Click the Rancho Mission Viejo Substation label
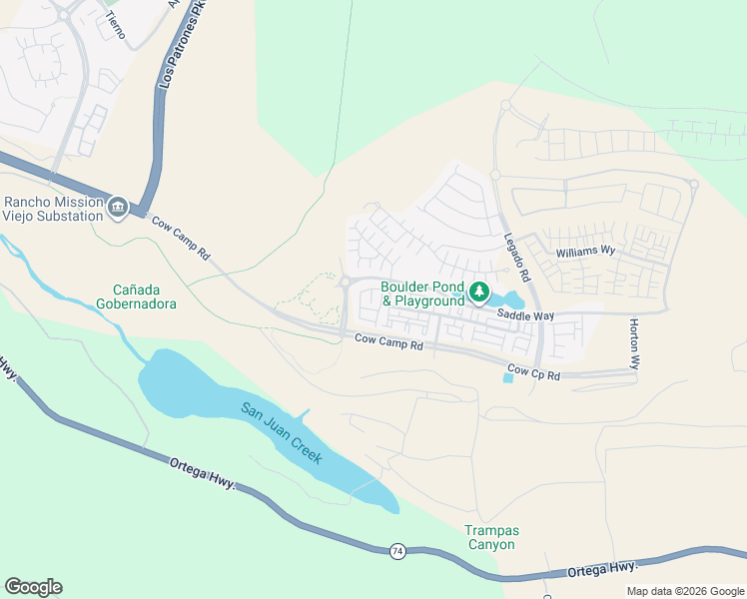52,208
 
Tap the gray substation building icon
118,207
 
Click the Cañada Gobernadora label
137,297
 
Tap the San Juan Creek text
282,432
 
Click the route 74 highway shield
397,552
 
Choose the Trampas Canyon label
490,537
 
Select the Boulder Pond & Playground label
422,294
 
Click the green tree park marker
480,293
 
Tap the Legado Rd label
515,256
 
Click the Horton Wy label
634,344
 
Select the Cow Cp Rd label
533,373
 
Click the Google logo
33,587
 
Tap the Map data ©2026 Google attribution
685,591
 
